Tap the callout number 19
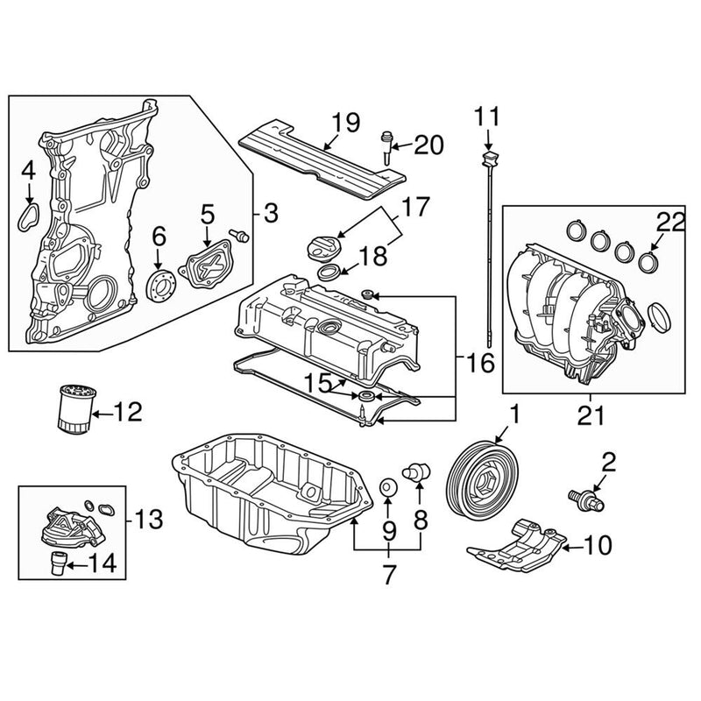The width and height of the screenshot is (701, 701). point(347,122)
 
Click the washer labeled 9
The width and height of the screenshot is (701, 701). point(386,486)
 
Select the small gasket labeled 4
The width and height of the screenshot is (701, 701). point(31,215)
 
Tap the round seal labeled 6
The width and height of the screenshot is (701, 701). point(159,282)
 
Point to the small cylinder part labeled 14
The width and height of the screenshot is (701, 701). point(60,562)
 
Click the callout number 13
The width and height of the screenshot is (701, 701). point(150,520)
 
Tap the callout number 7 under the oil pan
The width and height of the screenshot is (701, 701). point(388,576)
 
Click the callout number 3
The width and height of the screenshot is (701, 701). point(270,211)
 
